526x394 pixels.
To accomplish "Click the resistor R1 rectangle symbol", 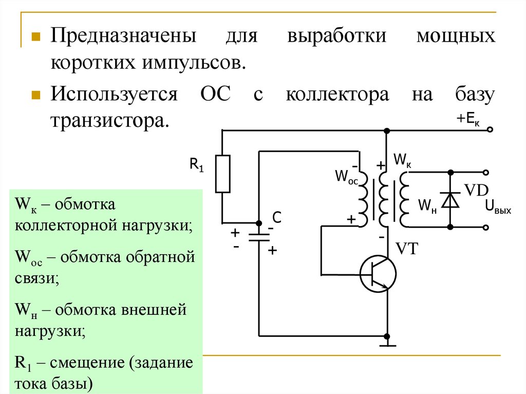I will tap(222, 174).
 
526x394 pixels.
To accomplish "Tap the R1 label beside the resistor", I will tap(197, 165).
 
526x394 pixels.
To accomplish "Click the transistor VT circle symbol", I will tap(378, 274).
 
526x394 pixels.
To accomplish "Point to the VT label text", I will tap(407, 250).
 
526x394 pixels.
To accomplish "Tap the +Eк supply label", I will tap(467, 119).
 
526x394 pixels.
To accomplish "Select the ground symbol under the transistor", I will tap(386, 341).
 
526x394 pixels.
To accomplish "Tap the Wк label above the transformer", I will tap(402, 159).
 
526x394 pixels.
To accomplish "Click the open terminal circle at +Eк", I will tap(490, 130).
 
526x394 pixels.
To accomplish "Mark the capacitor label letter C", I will tap(276, 218).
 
